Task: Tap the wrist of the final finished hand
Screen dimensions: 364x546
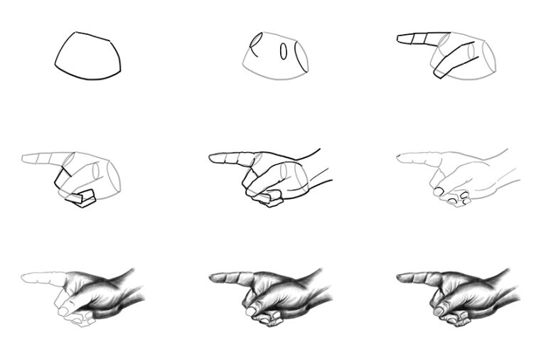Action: pos(501,284)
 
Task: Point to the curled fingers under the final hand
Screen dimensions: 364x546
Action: pos(444,313)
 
